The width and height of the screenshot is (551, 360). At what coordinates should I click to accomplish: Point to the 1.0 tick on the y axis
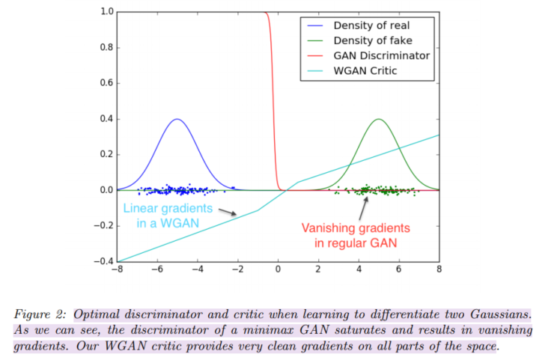point(105,13)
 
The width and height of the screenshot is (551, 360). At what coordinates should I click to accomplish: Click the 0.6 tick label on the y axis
point(105,84)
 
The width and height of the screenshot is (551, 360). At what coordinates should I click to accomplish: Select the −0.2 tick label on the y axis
point(102,225)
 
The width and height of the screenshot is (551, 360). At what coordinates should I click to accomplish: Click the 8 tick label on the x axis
point(439,269)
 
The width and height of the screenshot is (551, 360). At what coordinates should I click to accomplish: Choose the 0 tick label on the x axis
point(278,269)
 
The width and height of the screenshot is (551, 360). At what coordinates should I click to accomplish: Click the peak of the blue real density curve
point(177,120)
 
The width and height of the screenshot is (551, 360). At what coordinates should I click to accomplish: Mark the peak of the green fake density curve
point(379,120)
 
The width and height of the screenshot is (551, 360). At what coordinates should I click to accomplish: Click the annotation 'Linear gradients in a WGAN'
point(168,215)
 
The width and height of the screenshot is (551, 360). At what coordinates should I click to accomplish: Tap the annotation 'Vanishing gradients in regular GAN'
point(356,235)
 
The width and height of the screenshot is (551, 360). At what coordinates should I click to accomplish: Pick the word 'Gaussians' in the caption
point(499,313)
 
